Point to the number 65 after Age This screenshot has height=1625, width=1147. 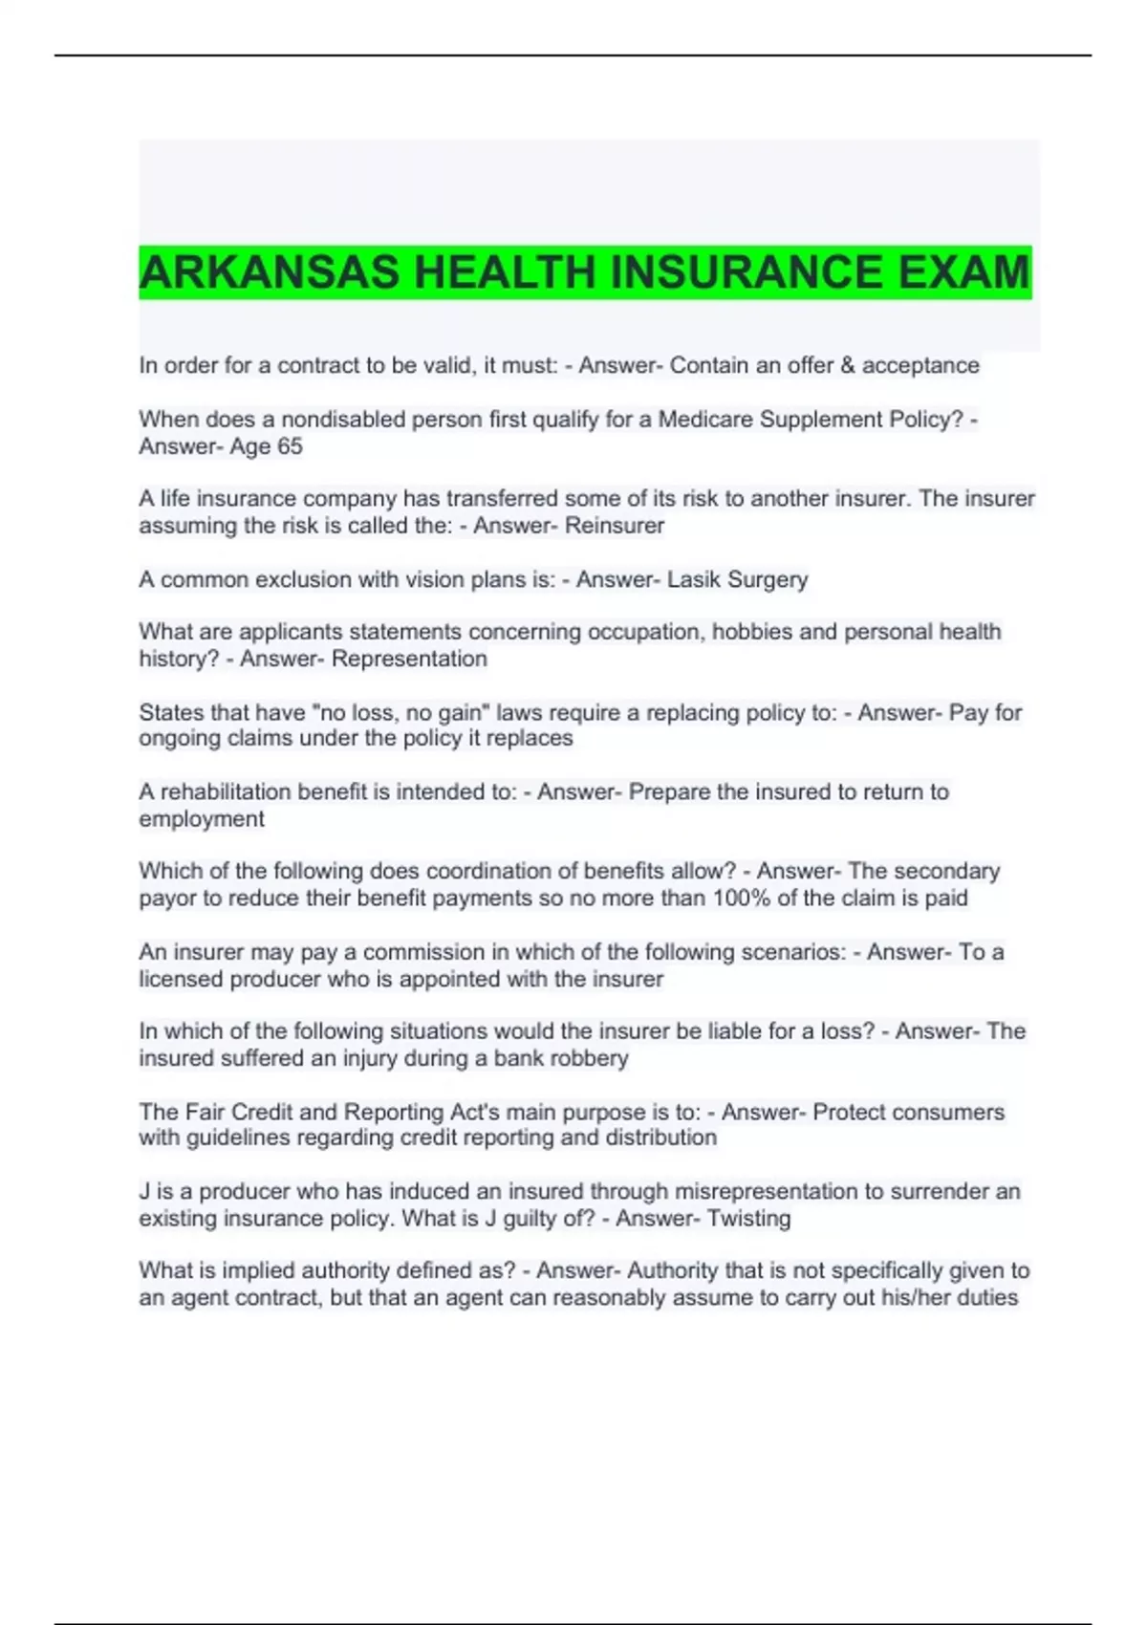pyautogui.click(x=290, y=446)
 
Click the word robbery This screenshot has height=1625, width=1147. pyautogui.click(x=592, y=1058)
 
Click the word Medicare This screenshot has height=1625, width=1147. pyautogui.click(x=705, y=420)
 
